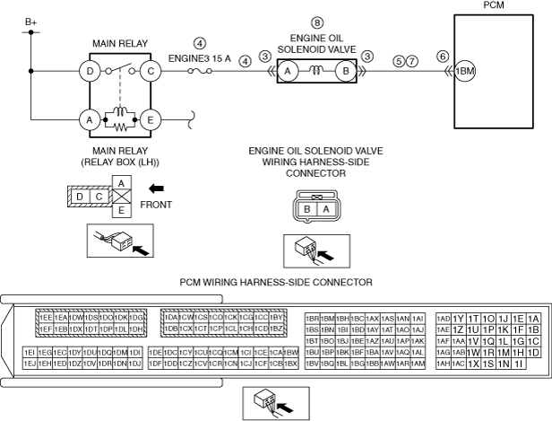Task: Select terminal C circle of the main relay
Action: (x=151, y=70)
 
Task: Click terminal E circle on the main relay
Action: (x=151, y=118)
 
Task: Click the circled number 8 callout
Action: (x=315, y=22)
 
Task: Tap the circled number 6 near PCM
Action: (x=443, y=56)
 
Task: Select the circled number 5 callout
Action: (x=398, y=62)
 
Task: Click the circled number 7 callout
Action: (x=412, y=62)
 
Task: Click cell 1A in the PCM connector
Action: (x=534, y=319)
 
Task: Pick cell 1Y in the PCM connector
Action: (x=459, y=319)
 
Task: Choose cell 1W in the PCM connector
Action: (x=474, y=353)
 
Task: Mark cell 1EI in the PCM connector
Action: (x=30, y=353)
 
